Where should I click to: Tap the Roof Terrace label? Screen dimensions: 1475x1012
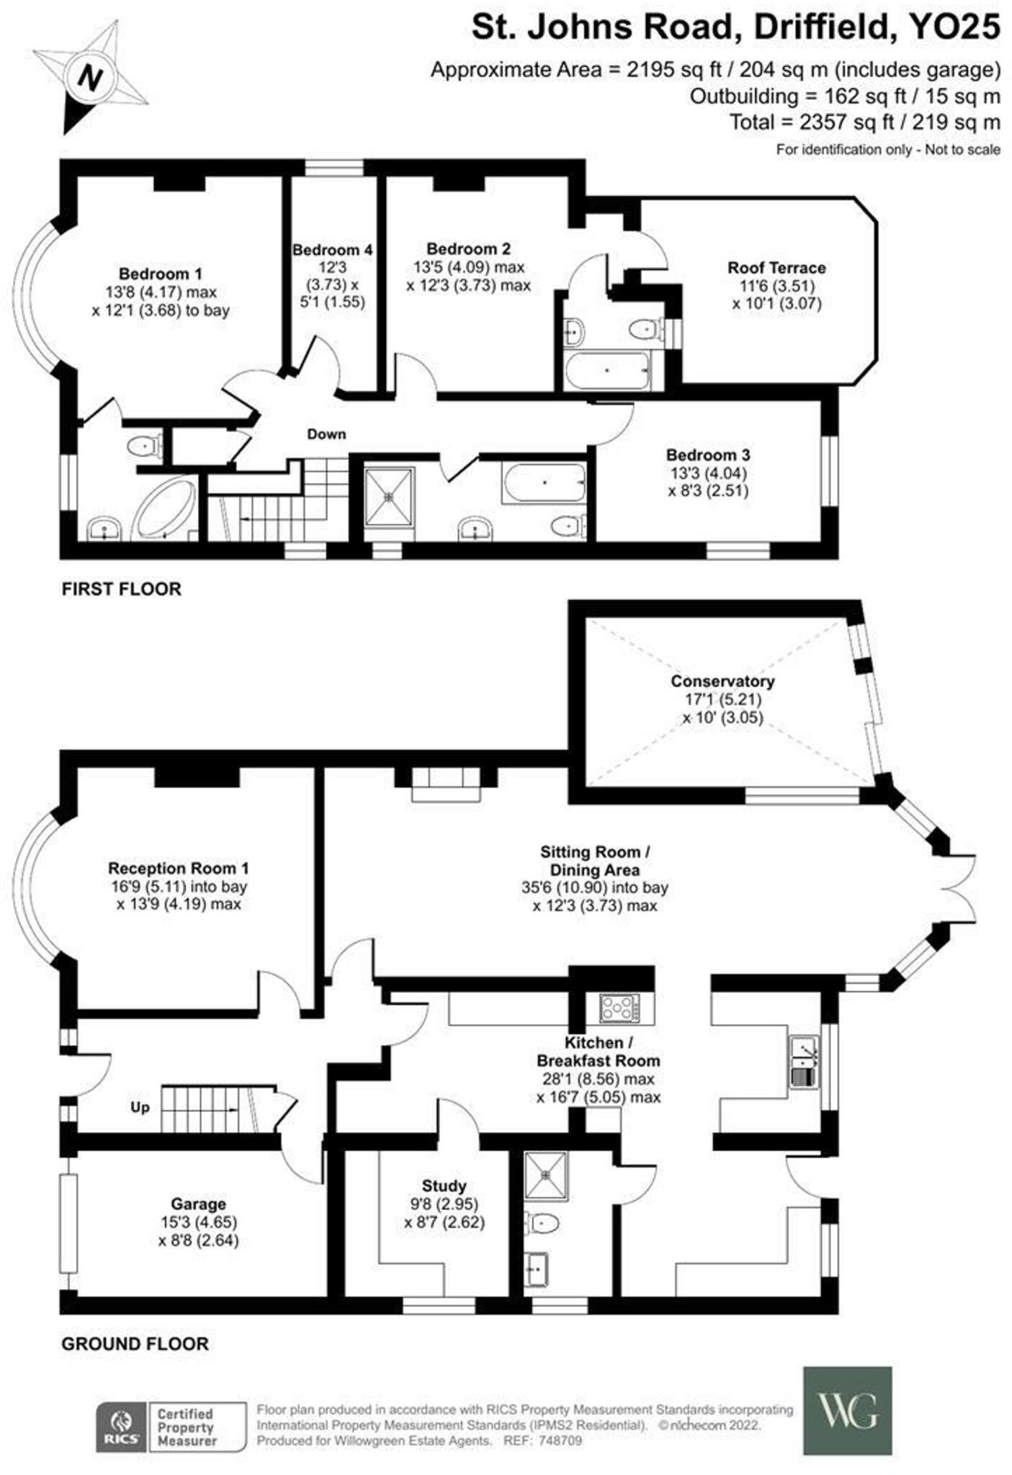click(x=776, y=268)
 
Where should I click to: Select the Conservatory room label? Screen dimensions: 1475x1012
click(x=722, y=681)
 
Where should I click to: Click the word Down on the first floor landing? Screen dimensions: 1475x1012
click(x=326, y=434)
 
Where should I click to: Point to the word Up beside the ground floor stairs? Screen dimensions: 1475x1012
click(x=140, y=1107)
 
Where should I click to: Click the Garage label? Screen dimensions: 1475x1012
click(x=198, y=1203)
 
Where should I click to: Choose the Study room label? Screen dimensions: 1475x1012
click(x=444, y=1185)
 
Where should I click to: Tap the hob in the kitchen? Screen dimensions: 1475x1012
click(x=619, y=1007)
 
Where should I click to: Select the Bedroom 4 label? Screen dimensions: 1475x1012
click(x=332, y=250)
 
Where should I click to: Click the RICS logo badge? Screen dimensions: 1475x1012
click(x=122, y=1426)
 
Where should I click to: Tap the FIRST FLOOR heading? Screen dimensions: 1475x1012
click(x=121, y=588)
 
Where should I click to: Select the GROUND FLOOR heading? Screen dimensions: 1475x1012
click(x=135, y=1343)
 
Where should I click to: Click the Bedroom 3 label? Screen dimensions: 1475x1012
click(x=707, y=455)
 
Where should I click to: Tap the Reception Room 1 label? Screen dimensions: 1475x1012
click(x=178, y=868)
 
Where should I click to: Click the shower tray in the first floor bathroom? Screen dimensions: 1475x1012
click(x=389, y=496)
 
